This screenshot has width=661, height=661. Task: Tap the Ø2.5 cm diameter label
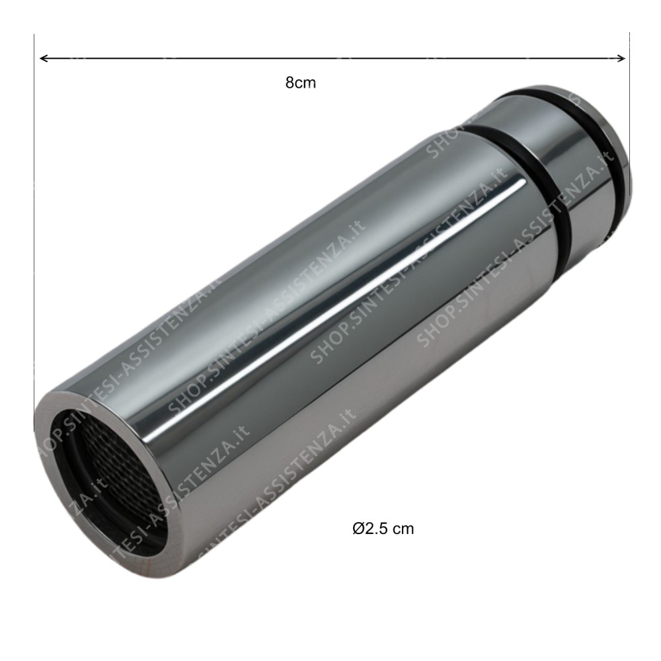tap(383, 529)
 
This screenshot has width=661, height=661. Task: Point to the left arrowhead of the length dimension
tap(43, 59)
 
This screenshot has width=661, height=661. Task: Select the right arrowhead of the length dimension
tap(621, 59)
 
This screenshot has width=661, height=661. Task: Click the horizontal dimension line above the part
tap(330, 59)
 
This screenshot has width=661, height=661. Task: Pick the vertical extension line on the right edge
tap(629, 99)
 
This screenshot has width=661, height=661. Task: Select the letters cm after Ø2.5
tap(404, 529)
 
